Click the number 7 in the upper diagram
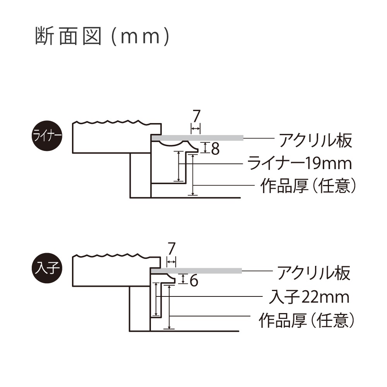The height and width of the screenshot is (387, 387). coord(196,116)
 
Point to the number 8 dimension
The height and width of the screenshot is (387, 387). coord(215,149)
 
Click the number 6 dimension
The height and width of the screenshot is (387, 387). coord(194,281)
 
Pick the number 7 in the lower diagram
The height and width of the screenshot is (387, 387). coord(171,247)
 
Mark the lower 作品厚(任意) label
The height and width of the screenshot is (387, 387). coord(307,320)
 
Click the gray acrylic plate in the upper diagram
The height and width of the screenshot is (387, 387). coord(197,138)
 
